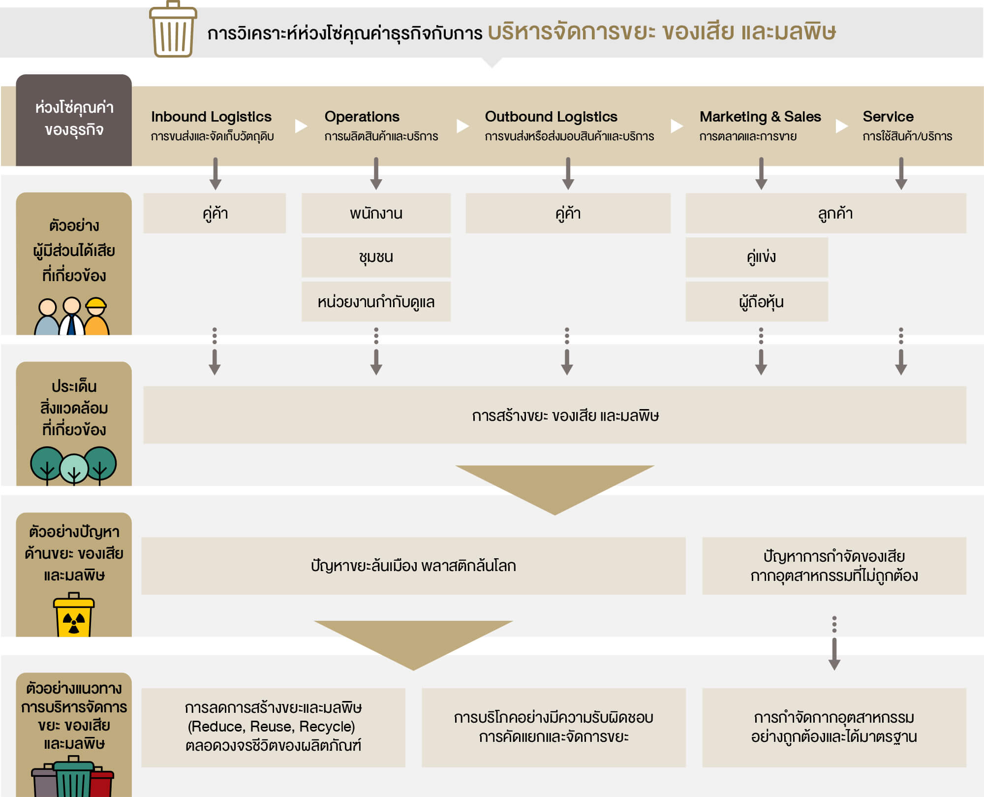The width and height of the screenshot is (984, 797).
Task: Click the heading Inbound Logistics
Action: (x=211, y=117)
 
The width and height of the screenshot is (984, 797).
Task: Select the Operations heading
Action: (x=362, y=117)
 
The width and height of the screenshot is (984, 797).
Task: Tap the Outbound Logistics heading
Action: (x=551, y=117)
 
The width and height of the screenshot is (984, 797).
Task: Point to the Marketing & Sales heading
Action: (x=760, y=117)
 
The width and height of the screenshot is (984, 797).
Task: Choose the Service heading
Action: (x=888, y=117)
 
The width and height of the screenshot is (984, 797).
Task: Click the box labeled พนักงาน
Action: (x=376, y=213)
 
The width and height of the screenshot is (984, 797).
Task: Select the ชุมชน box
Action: (x=376, y=257)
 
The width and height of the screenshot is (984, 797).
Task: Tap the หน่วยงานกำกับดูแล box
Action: (x=376, y=301)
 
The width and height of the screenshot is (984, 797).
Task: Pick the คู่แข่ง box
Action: (x=761, y=257)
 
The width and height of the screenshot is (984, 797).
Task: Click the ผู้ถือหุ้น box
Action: (x=761, y=301)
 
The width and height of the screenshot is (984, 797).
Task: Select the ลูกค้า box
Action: (x=835, y=213)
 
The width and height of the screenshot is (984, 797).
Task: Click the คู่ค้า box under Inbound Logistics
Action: (x=215, y=213)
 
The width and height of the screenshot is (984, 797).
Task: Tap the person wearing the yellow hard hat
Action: (x=96, y=318)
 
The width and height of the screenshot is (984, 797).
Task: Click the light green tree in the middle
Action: (x=74, y=468)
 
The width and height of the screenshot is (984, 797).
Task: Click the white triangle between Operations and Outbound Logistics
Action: (x=462, y=126)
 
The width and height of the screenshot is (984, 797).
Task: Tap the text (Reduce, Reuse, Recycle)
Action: (x=271, y=727)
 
